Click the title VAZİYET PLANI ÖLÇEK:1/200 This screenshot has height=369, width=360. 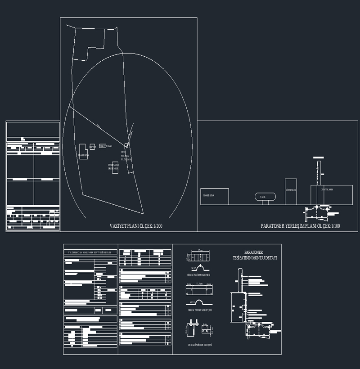click(x=135, y=226)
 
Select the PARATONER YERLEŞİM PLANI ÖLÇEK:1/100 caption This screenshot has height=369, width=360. click(x=300, y=226)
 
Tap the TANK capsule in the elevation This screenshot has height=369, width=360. click(x=265, y=197)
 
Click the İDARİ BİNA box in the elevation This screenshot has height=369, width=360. click(x=215, y=196)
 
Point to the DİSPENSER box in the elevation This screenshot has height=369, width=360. click(x=291, y=191)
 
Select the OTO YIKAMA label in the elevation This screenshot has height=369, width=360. click(x=327, y=190)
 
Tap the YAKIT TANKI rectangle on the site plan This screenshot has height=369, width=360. click(x=103, y=146)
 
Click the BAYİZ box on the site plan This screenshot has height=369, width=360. click(x=92, y=147)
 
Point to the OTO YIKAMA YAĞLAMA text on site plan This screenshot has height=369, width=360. click(x=126, y=156)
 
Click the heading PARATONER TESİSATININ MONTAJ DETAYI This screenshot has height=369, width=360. click(x=254, y=256)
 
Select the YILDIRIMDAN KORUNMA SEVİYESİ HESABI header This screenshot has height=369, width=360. click(x=90, y=252)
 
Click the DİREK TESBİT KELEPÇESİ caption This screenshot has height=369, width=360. click(x=199, y=310)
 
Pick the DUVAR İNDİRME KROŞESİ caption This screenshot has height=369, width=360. click(x=199, y=345)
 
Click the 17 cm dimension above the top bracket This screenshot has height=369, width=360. click(x=200, y=250)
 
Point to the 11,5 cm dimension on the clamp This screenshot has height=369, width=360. click(x=199, y=283)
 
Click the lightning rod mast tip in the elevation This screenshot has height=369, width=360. click(x=318, y=157)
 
